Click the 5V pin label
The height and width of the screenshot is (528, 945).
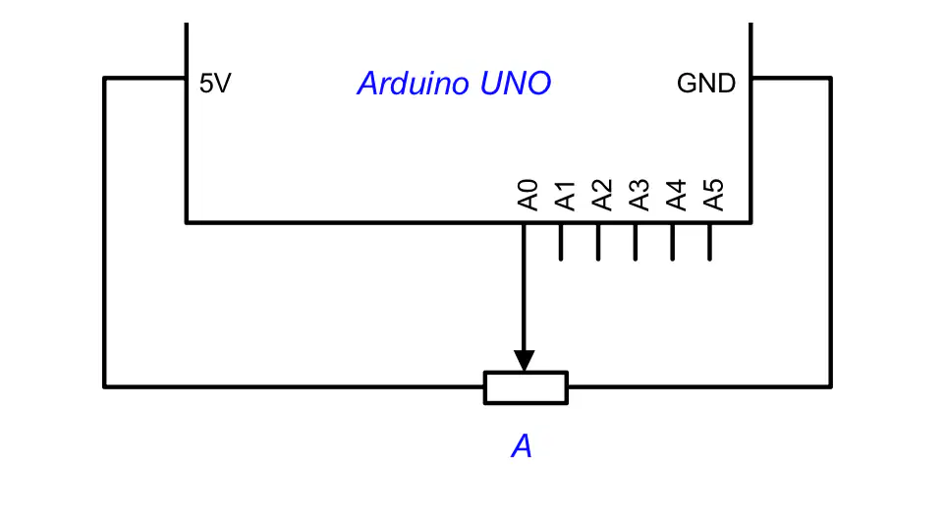click(215, 84)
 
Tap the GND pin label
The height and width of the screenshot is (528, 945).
click(705, 84)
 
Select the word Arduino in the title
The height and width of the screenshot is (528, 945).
click(413, 84)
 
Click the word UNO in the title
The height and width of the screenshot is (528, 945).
click(516, 84)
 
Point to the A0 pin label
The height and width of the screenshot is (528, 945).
click(528, 195)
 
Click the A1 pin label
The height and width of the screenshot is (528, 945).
click(565, 195)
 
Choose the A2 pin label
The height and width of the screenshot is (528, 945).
click(602, 195)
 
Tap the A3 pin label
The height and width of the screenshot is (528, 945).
click(639, 195)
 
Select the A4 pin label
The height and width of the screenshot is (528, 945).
click(676, 195)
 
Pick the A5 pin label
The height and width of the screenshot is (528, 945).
click(713, 195)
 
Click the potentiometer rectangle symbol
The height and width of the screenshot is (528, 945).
click(526, 387)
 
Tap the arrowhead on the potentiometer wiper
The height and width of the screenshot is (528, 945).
click(525, 361)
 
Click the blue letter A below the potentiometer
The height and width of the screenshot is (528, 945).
click(522, 446)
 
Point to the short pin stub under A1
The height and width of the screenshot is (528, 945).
click(561, 242)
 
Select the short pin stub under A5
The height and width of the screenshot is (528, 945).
click(710, 242)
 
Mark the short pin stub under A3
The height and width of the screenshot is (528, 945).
click(636, 242)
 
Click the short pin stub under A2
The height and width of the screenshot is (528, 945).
click(598, 242)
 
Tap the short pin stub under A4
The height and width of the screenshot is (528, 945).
click(673, 242)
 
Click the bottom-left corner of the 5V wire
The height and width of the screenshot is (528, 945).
click(104, 386)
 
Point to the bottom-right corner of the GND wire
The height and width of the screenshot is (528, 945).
click(831, 386)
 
